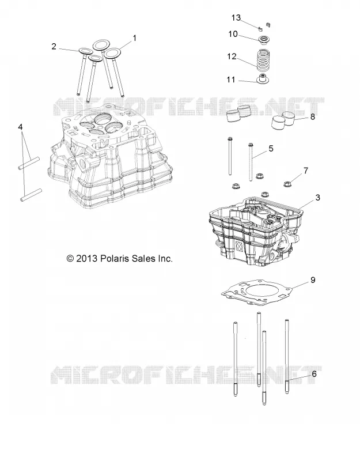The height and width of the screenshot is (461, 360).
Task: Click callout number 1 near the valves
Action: (x=135, y=38)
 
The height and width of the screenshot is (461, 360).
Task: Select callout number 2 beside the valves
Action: (x=54, y=47)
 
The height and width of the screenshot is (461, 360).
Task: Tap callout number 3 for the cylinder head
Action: (x=318, y=198)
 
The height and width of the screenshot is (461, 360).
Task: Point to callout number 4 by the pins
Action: (x=20, y=127)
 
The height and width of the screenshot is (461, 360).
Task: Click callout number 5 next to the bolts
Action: (x=271, y=149)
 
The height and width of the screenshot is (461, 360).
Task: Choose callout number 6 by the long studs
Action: (x=314, y=374)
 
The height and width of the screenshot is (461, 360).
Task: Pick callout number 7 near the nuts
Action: (x=306, y=171)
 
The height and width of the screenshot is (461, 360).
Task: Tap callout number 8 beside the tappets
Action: (x=312, y=117)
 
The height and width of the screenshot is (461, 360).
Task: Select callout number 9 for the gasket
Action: (x=313, y=280)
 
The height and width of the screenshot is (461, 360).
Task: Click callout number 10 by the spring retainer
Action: (x=233, y=34)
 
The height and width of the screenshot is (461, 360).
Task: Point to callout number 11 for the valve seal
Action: (x=231, y=80)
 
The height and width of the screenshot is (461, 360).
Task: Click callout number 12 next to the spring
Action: (x=232, y=56)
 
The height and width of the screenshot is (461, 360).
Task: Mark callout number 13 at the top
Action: (x=236, y=18)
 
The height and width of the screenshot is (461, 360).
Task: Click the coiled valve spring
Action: (x=264, y=61)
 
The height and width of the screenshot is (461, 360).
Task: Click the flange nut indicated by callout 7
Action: (x=287, y=184)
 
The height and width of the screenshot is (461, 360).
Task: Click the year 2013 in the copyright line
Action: (x=86, y=259)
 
